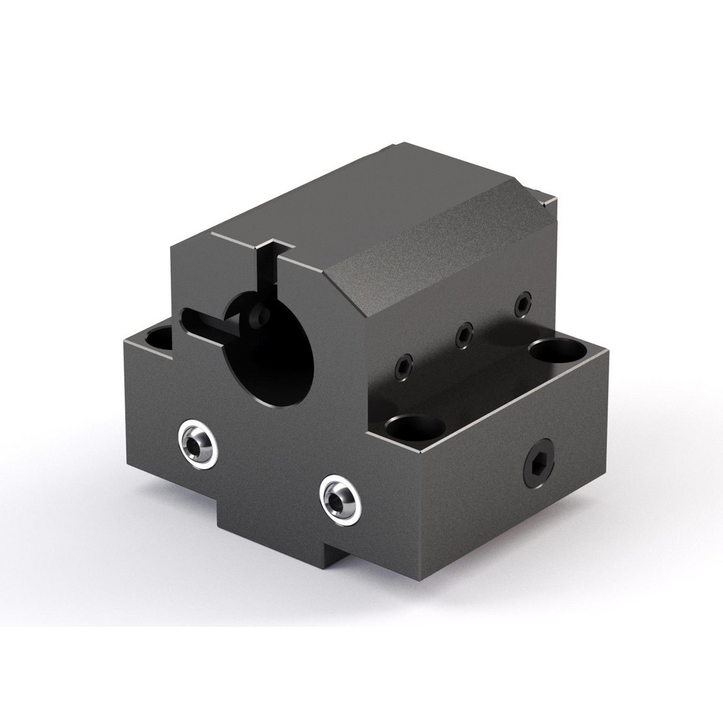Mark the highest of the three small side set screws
(x=521, y=304)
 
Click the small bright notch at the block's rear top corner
(x=541, y=192)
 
